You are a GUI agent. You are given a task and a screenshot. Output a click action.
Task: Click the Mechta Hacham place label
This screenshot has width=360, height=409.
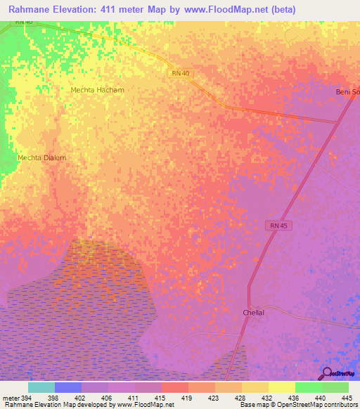pos(97,90)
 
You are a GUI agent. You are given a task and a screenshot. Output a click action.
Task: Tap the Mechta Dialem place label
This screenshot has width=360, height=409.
pos(41,158)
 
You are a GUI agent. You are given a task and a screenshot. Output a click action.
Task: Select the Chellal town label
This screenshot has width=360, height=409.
pos(252,312)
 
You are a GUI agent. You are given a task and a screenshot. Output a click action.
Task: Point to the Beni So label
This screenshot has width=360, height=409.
pos(346,93)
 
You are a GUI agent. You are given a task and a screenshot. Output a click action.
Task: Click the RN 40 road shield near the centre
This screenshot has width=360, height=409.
pos(181,73)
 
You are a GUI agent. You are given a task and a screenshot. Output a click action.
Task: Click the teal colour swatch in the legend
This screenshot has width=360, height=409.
pos(41,387)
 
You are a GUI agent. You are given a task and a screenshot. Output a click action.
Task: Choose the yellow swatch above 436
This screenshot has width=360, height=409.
pos(281,387)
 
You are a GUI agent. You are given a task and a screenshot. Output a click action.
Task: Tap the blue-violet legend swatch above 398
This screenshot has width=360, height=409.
pos(68,387)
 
